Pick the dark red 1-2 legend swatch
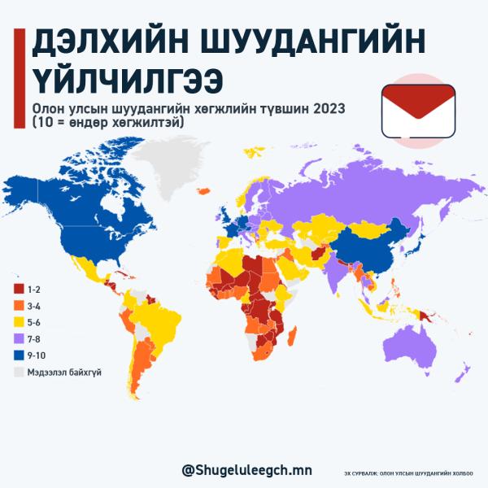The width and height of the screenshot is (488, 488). [19, 289]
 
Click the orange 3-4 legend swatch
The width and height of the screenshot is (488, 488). [19, 306]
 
